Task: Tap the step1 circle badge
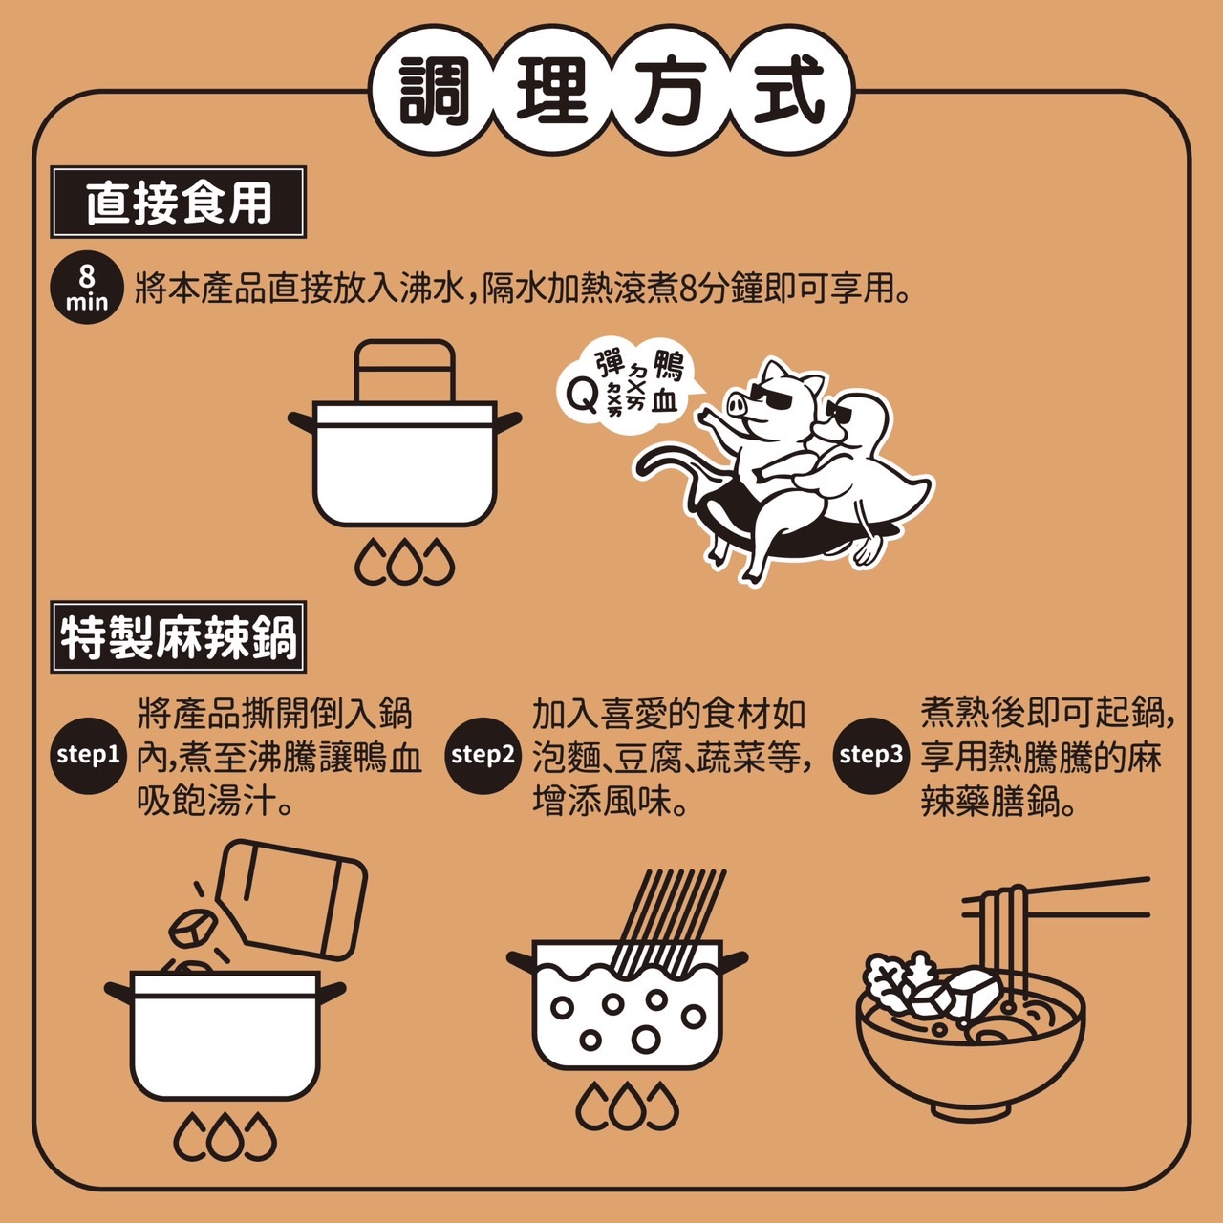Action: point(88,755)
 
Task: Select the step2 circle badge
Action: point(483,755)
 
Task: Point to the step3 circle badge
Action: point(870,755)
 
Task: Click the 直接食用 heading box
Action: point(179,203)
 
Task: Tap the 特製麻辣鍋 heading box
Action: point(179,636)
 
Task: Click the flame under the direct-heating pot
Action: point(404,562)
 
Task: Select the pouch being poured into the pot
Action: point(292,899)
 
